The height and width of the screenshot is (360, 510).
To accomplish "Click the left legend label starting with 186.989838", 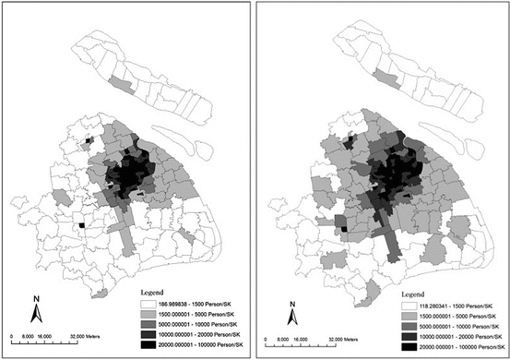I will point(206,302).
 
